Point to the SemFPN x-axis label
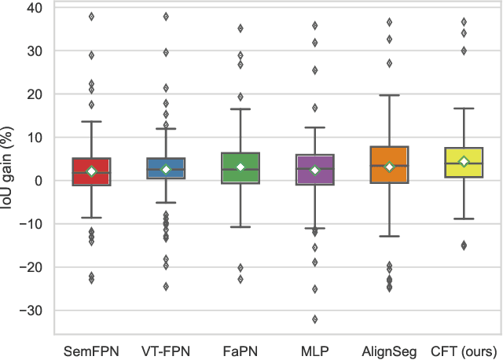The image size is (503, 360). click(x=92, y=349)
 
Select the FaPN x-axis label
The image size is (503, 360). click(x=240, y=349)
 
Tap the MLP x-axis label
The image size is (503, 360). click(x=315, y=349)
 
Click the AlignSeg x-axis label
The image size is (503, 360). click(x=390, y=349)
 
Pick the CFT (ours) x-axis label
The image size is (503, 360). click(x=464, y=349)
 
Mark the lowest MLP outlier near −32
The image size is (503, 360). click(x=315, y=319)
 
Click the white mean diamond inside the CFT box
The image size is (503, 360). click(x=464, y=162)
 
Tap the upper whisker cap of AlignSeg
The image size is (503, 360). click(x=390, y=95)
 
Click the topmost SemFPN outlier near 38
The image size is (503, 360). click(x=92, y=16)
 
